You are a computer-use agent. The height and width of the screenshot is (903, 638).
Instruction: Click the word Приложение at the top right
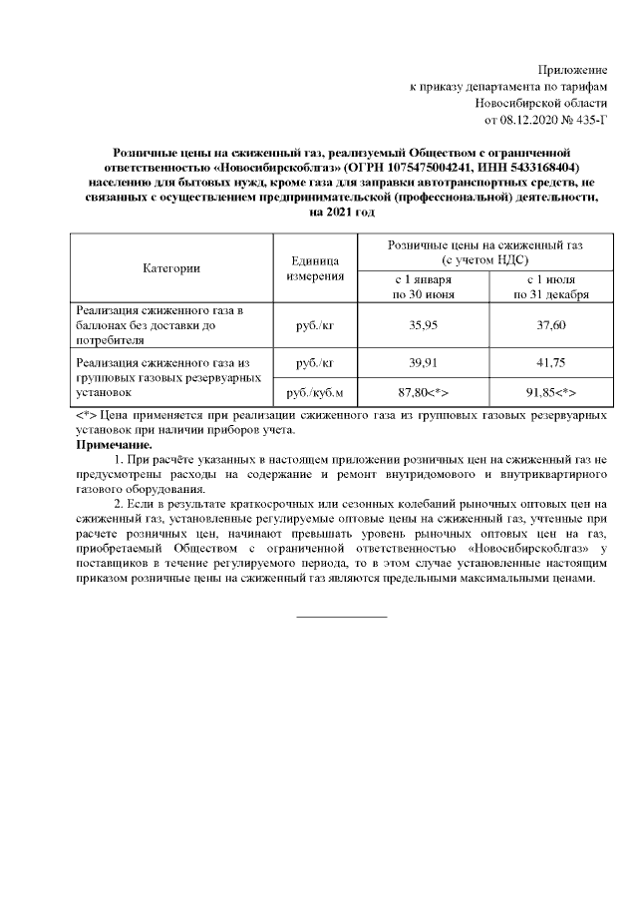572,70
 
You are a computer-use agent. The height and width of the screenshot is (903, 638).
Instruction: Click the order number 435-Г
585,121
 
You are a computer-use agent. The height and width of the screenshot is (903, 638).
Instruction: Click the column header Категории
171,267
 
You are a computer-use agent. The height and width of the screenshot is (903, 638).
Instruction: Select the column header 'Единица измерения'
315,267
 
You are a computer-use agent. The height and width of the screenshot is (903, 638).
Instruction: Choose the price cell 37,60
550,324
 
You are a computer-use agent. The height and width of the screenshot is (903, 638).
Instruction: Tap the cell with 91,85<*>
550,393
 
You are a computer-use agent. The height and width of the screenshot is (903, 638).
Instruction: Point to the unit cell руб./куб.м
315,393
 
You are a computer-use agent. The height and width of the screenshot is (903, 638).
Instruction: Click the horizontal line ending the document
342,616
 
